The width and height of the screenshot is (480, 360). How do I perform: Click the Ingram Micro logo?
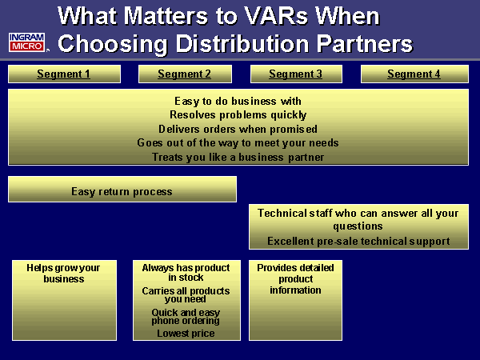28,42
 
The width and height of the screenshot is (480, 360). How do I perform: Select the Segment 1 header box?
64,74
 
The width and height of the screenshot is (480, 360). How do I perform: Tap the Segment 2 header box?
185,74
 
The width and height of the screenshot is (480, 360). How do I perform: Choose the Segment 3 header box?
296,74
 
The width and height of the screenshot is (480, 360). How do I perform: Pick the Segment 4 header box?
414,74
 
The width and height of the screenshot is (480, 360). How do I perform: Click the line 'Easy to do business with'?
238,101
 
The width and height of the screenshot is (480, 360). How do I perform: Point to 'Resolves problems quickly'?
238,114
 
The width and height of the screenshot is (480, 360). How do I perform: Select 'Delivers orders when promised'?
238,129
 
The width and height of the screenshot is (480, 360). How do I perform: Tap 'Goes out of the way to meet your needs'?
238,142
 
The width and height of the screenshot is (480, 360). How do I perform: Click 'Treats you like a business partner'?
238,157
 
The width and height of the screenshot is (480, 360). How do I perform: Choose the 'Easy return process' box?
122,191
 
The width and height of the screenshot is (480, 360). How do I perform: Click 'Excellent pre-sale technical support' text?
358,241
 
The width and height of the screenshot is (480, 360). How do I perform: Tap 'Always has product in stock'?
186,272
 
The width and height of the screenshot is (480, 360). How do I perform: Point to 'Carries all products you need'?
186,295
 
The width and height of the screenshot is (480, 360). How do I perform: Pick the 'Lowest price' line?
186,333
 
